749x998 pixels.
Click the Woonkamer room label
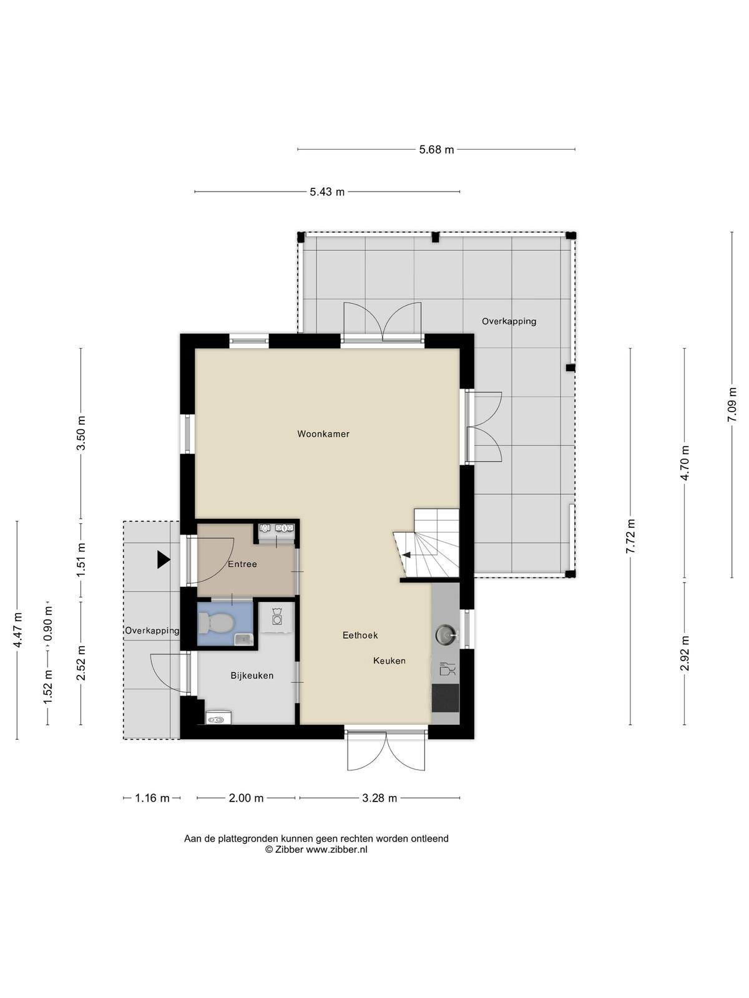click(323, 434)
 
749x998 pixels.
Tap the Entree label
click(242, 564)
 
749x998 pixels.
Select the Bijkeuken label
click(252, 676)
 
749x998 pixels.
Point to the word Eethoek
click(360, 635)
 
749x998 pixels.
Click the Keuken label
click(389, 661)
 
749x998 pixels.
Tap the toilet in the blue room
click(216, 622)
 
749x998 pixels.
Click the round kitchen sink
click(445, 633)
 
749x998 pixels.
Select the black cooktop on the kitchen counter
click(445, 698)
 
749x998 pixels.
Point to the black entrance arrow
click(164, 560)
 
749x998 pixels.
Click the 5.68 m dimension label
click(436, 150)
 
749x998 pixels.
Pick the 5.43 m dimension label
click(327, 192)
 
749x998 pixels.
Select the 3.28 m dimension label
click(379, 798)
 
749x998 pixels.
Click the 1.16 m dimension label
click(152, 798)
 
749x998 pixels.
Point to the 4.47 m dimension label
click(17, 630)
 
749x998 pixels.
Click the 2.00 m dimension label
click(246, 798)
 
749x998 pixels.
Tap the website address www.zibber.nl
click(336, 850)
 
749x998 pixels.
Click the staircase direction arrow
click(406, 555)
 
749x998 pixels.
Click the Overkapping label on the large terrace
click(509, 321)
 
